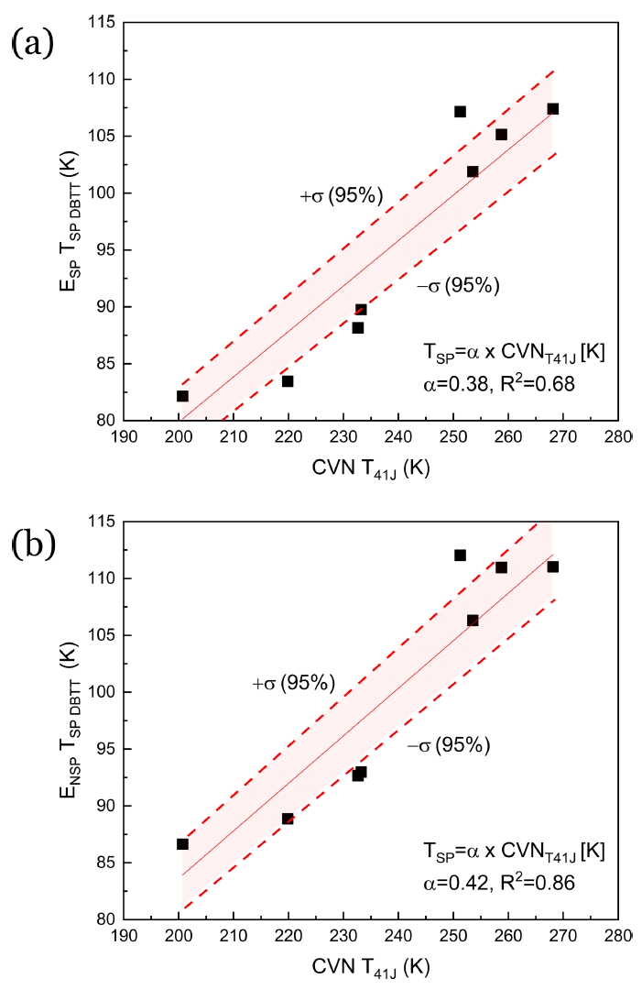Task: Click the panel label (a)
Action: click(33, 43)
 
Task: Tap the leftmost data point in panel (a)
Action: click(182, 396)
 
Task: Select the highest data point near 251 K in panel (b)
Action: click(460, 555)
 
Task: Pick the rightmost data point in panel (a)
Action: click(552, 109)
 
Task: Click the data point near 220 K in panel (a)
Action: click(288, 381)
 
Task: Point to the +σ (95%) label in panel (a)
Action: click(341, 194)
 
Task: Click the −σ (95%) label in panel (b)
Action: click(449, 745)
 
